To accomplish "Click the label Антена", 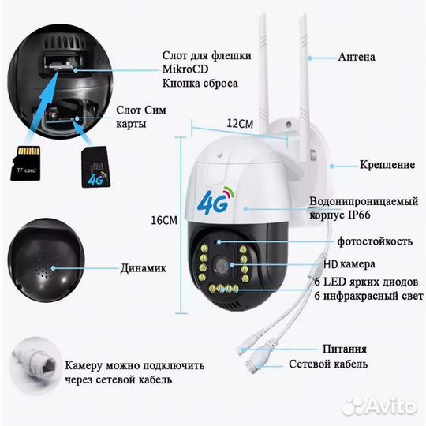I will [x=356, y=58].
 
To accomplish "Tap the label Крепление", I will [x=365, y=164].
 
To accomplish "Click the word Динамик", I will [x=143, y=268].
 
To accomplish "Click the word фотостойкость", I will [x=366, y=241].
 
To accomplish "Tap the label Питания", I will [x=344, y=349].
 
